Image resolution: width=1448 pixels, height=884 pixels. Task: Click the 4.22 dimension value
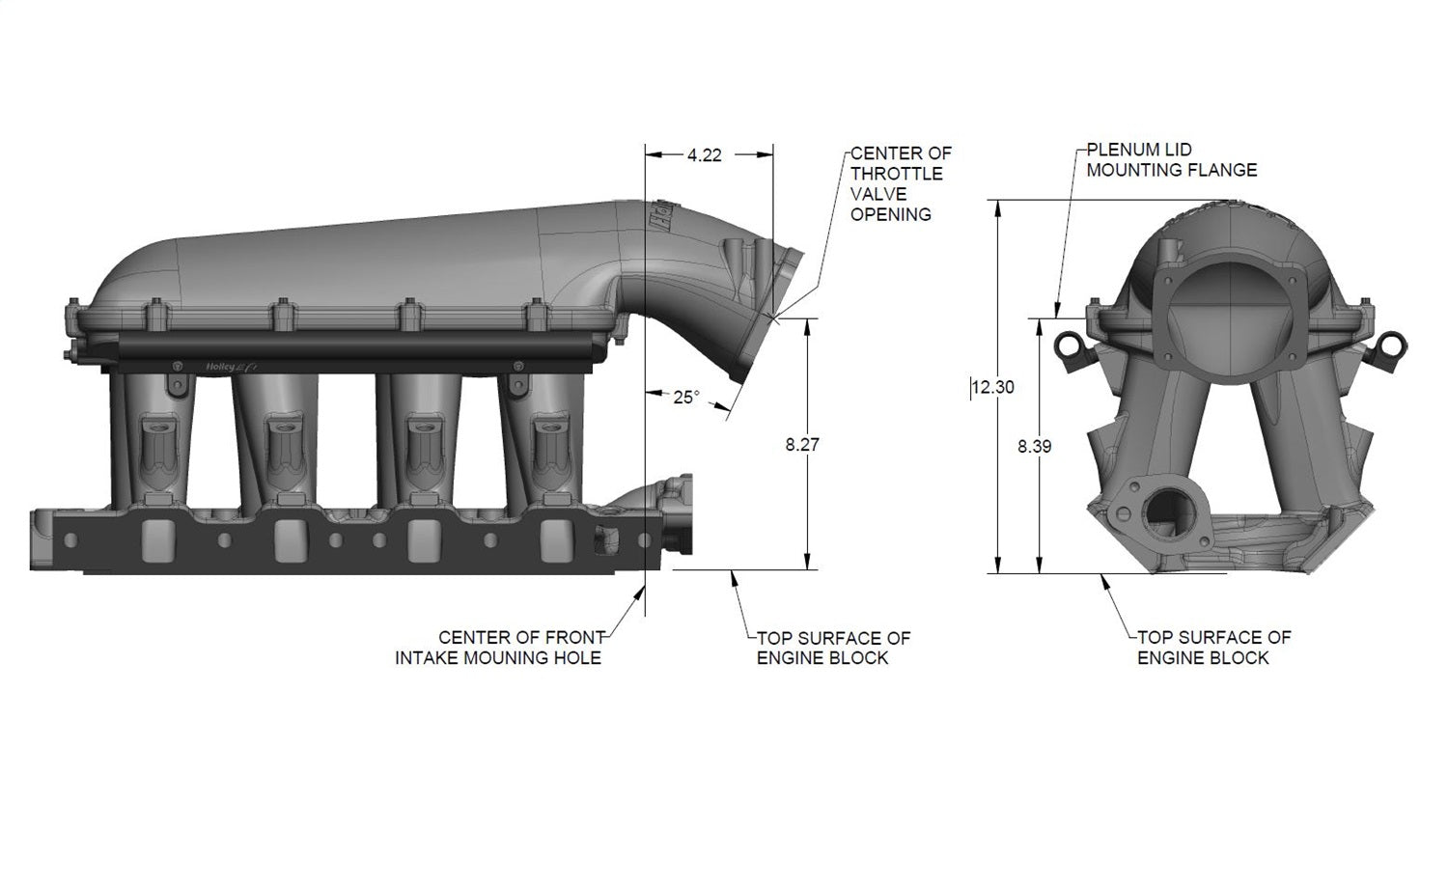[705, 155]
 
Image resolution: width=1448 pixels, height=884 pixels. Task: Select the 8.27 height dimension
[802, 445]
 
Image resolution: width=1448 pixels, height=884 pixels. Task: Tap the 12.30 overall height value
[993, 387]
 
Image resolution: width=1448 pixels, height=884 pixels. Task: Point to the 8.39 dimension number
[1034, 447]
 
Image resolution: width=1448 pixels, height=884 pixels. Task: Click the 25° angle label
[685, 397]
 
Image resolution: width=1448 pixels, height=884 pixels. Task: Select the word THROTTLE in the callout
[896, 174]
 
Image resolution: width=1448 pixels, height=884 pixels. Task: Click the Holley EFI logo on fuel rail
[224, 365]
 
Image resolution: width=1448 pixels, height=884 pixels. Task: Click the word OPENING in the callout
[890, 214]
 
